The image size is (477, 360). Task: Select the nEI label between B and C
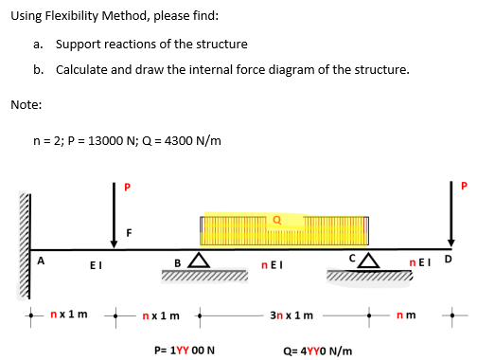coord(269,266)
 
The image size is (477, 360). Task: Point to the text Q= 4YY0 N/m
coord(319,349)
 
